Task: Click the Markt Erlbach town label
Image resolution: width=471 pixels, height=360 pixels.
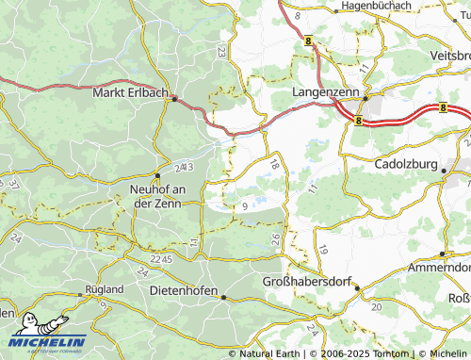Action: pos(130,93)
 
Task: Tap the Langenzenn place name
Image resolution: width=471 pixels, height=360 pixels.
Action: pos(324,94)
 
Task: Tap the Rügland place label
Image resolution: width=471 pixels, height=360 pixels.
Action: pos(104,288)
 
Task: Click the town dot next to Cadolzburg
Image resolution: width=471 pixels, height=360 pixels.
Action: pos(444,170)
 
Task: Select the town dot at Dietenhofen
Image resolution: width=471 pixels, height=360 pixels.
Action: pos(223,297)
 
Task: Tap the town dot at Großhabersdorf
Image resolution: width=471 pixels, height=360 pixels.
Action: pos(356,288)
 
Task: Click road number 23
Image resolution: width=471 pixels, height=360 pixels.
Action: pos(221,52)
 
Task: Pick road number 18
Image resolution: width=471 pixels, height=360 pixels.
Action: pos(274,165)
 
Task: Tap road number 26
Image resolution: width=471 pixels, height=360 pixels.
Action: pos(275,239)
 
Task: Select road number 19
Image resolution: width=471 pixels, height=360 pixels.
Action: pos(323,250)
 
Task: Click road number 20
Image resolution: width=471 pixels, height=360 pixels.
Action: pos(377,307)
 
